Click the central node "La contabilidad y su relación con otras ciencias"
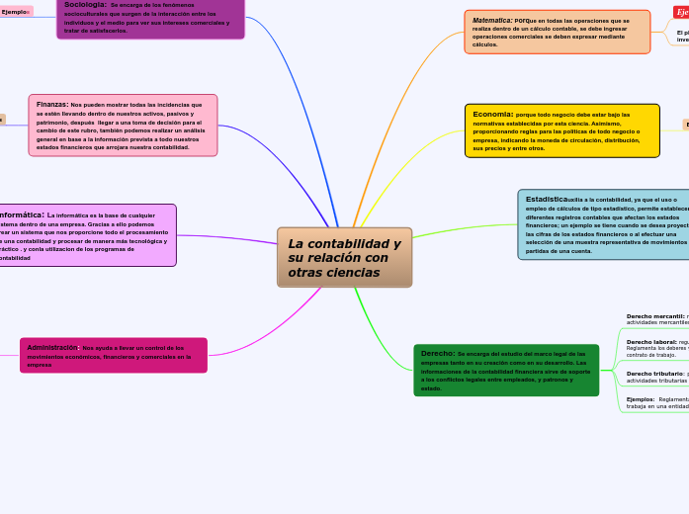coord(344,258)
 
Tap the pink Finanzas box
coord(123,126)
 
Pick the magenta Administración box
coord(114,356)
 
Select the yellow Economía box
coord(561,130)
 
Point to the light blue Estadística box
coord(603,224)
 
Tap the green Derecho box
coord(506,370)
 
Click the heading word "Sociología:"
coord(85,5)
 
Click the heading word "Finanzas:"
coord(51,104)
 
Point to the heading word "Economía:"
coord(492,114)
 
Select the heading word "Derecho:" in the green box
coord(438,353)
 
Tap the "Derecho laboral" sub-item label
coord(650,342)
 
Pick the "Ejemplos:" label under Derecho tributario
coord(641,399)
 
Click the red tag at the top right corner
coord(681,12)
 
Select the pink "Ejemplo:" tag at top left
coord(16,12)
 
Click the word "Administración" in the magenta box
coord(51,348)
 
